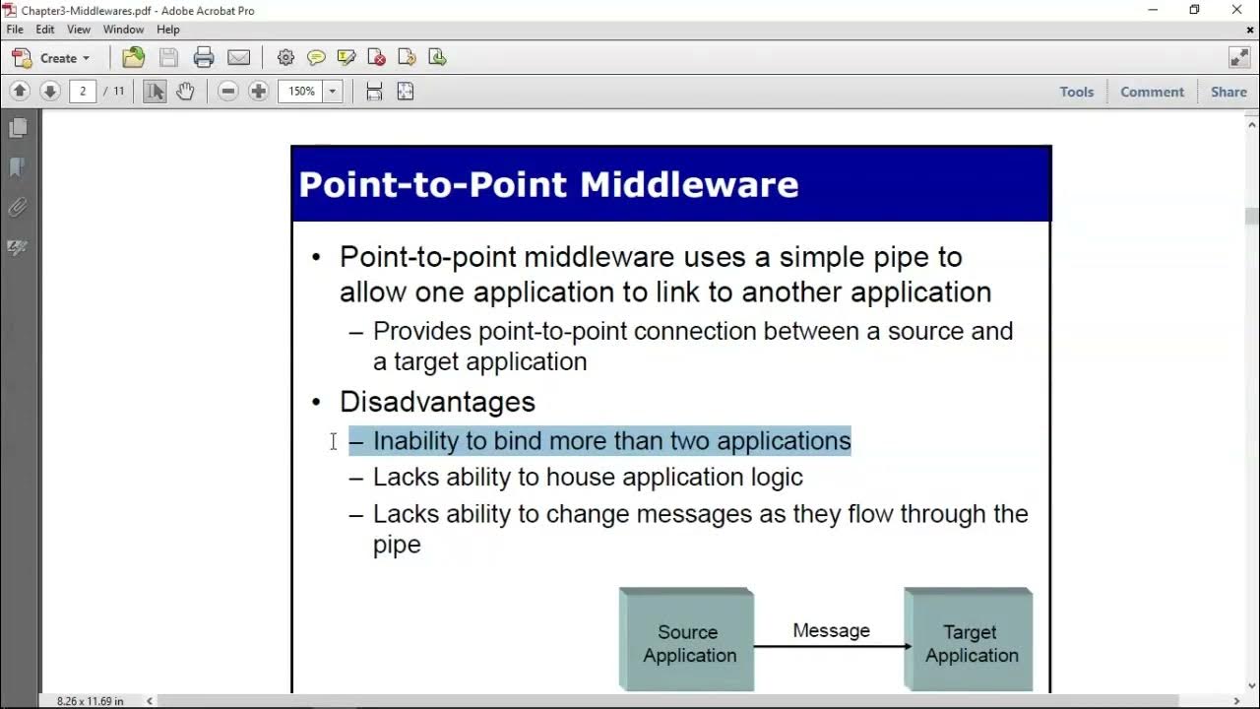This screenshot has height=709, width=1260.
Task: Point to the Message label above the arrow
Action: coord(831,630)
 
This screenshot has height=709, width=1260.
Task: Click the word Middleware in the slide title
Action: coord(689,184)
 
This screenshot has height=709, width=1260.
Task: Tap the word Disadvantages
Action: coord(437,402)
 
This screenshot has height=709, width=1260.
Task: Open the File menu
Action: coord(15,30)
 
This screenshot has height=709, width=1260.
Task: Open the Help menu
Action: coord(167,30)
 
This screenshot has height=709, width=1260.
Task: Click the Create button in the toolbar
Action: coord(51,58)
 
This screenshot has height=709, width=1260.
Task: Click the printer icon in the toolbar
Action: coord(204,58)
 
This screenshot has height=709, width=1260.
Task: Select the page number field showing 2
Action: coord(83,92)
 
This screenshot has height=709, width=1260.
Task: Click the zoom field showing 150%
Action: coord(301,92)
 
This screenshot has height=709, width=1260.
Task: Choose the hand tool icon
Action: coord(185,92)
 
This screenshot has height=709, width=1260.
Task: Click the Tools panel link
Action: coord(1076,92)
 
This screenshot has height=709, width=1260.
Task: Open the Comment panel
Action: coord(1152,92)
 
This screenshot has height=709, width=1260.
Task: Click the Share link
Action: coord(1228,92)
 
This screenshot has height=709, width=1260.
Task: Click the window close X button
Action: coord(1237,10)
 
